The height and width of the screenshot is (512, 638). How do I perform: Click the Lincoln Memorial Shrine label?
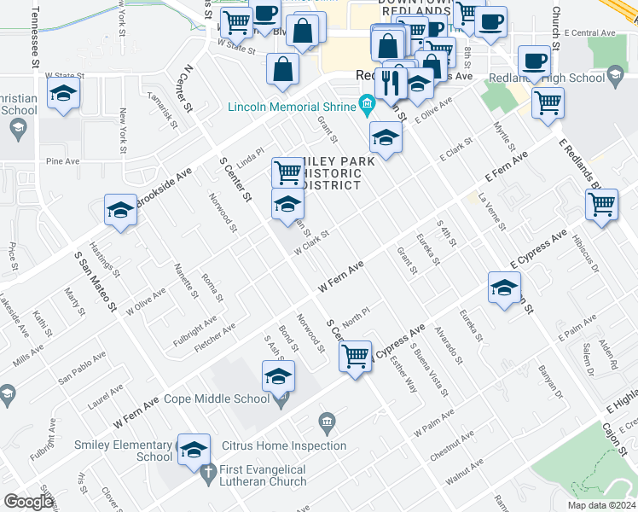pos(292,107)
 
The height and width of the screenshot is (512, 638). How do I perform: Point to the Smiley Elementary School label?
pos(123,451)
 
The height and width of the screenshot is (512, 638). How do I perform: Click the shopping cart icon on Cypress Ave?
pos(356,355)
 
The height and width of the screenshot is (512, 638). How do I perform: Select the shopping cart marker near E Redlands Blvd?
pos(602,206)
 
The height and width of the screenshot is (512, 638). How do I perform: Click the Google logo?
pos(29,502)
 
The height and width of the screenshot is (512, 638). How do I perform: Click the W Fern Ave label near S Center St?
pos(341,277)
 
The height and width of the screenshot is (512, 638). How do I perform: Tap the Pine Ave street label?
pos(62,160)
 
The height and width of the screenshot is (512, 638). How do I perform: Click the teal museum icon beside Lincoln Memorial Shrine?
pos(368,106)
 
